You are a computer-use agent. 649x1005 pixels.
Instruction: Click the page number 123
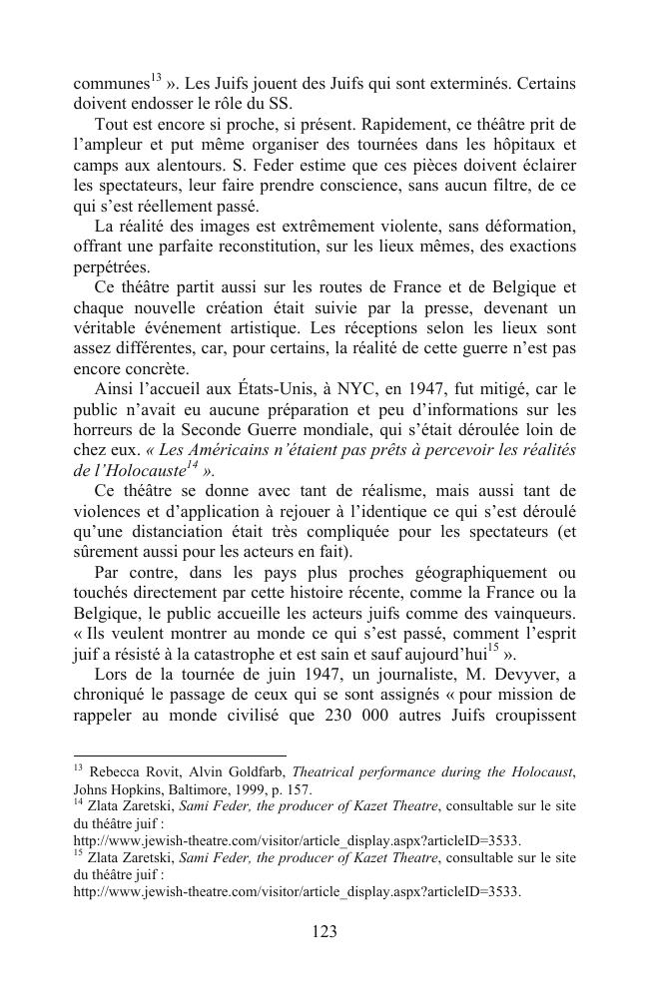point(324,931)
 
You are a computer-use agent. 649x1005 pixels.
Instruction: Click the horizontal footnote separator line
point(180,755)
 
